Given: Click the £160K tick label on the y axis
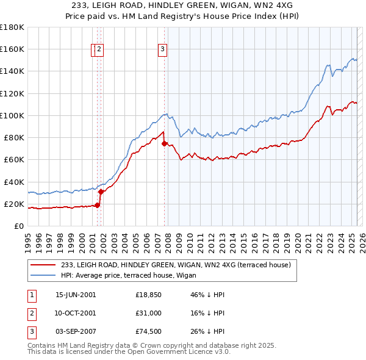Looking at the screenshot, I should point(12,49).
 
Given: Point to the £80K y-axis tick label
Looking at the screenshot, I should point(13,137).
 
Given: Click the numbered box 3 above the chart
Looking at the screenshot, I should point(163,51).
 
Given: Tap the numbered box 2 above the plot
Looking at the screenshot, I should point(99,51).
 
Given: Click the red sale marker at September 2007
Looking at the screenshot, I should point(164,143).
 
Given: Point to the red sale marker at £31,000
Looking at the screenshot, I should point(101,192).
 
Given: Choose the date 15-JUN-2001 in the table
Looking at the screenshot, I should point(76,295).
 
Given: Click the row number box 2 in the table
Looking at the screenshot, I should point(31,313).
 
